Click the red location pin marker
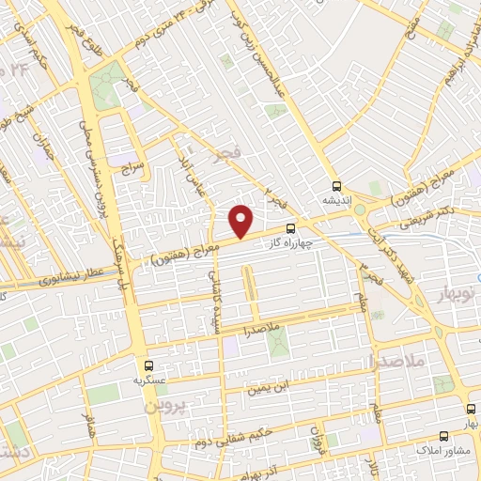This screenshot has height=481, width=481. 242,221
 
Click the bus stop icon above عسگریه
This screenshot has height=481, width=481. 148,365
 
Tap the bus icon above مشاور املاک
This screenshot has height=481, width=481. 445,435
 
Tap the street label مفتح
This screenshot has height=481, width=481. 411,34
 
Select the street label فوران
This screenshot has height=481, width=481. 317,438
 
